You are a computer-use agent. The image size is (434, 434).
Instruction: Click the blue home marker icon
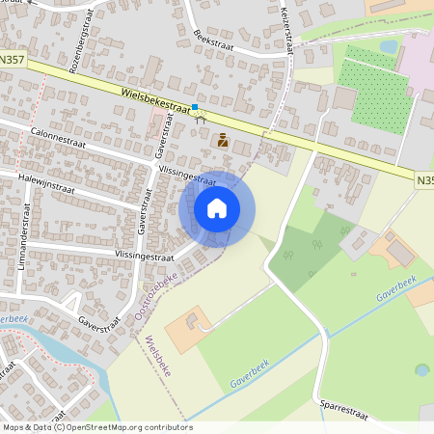click(217, 208)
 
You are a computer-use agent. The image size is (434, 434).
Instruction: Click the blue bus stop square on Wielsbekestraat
click(195, 107)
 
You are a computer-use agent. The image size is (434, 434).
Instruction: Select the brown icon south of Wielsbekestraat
click(224, 140)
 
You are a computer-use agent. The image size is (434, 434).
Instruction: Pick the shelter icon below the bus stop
click(201, 120)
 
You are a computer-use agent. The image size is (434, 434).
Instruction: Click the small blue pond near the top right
click(389, 45)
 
